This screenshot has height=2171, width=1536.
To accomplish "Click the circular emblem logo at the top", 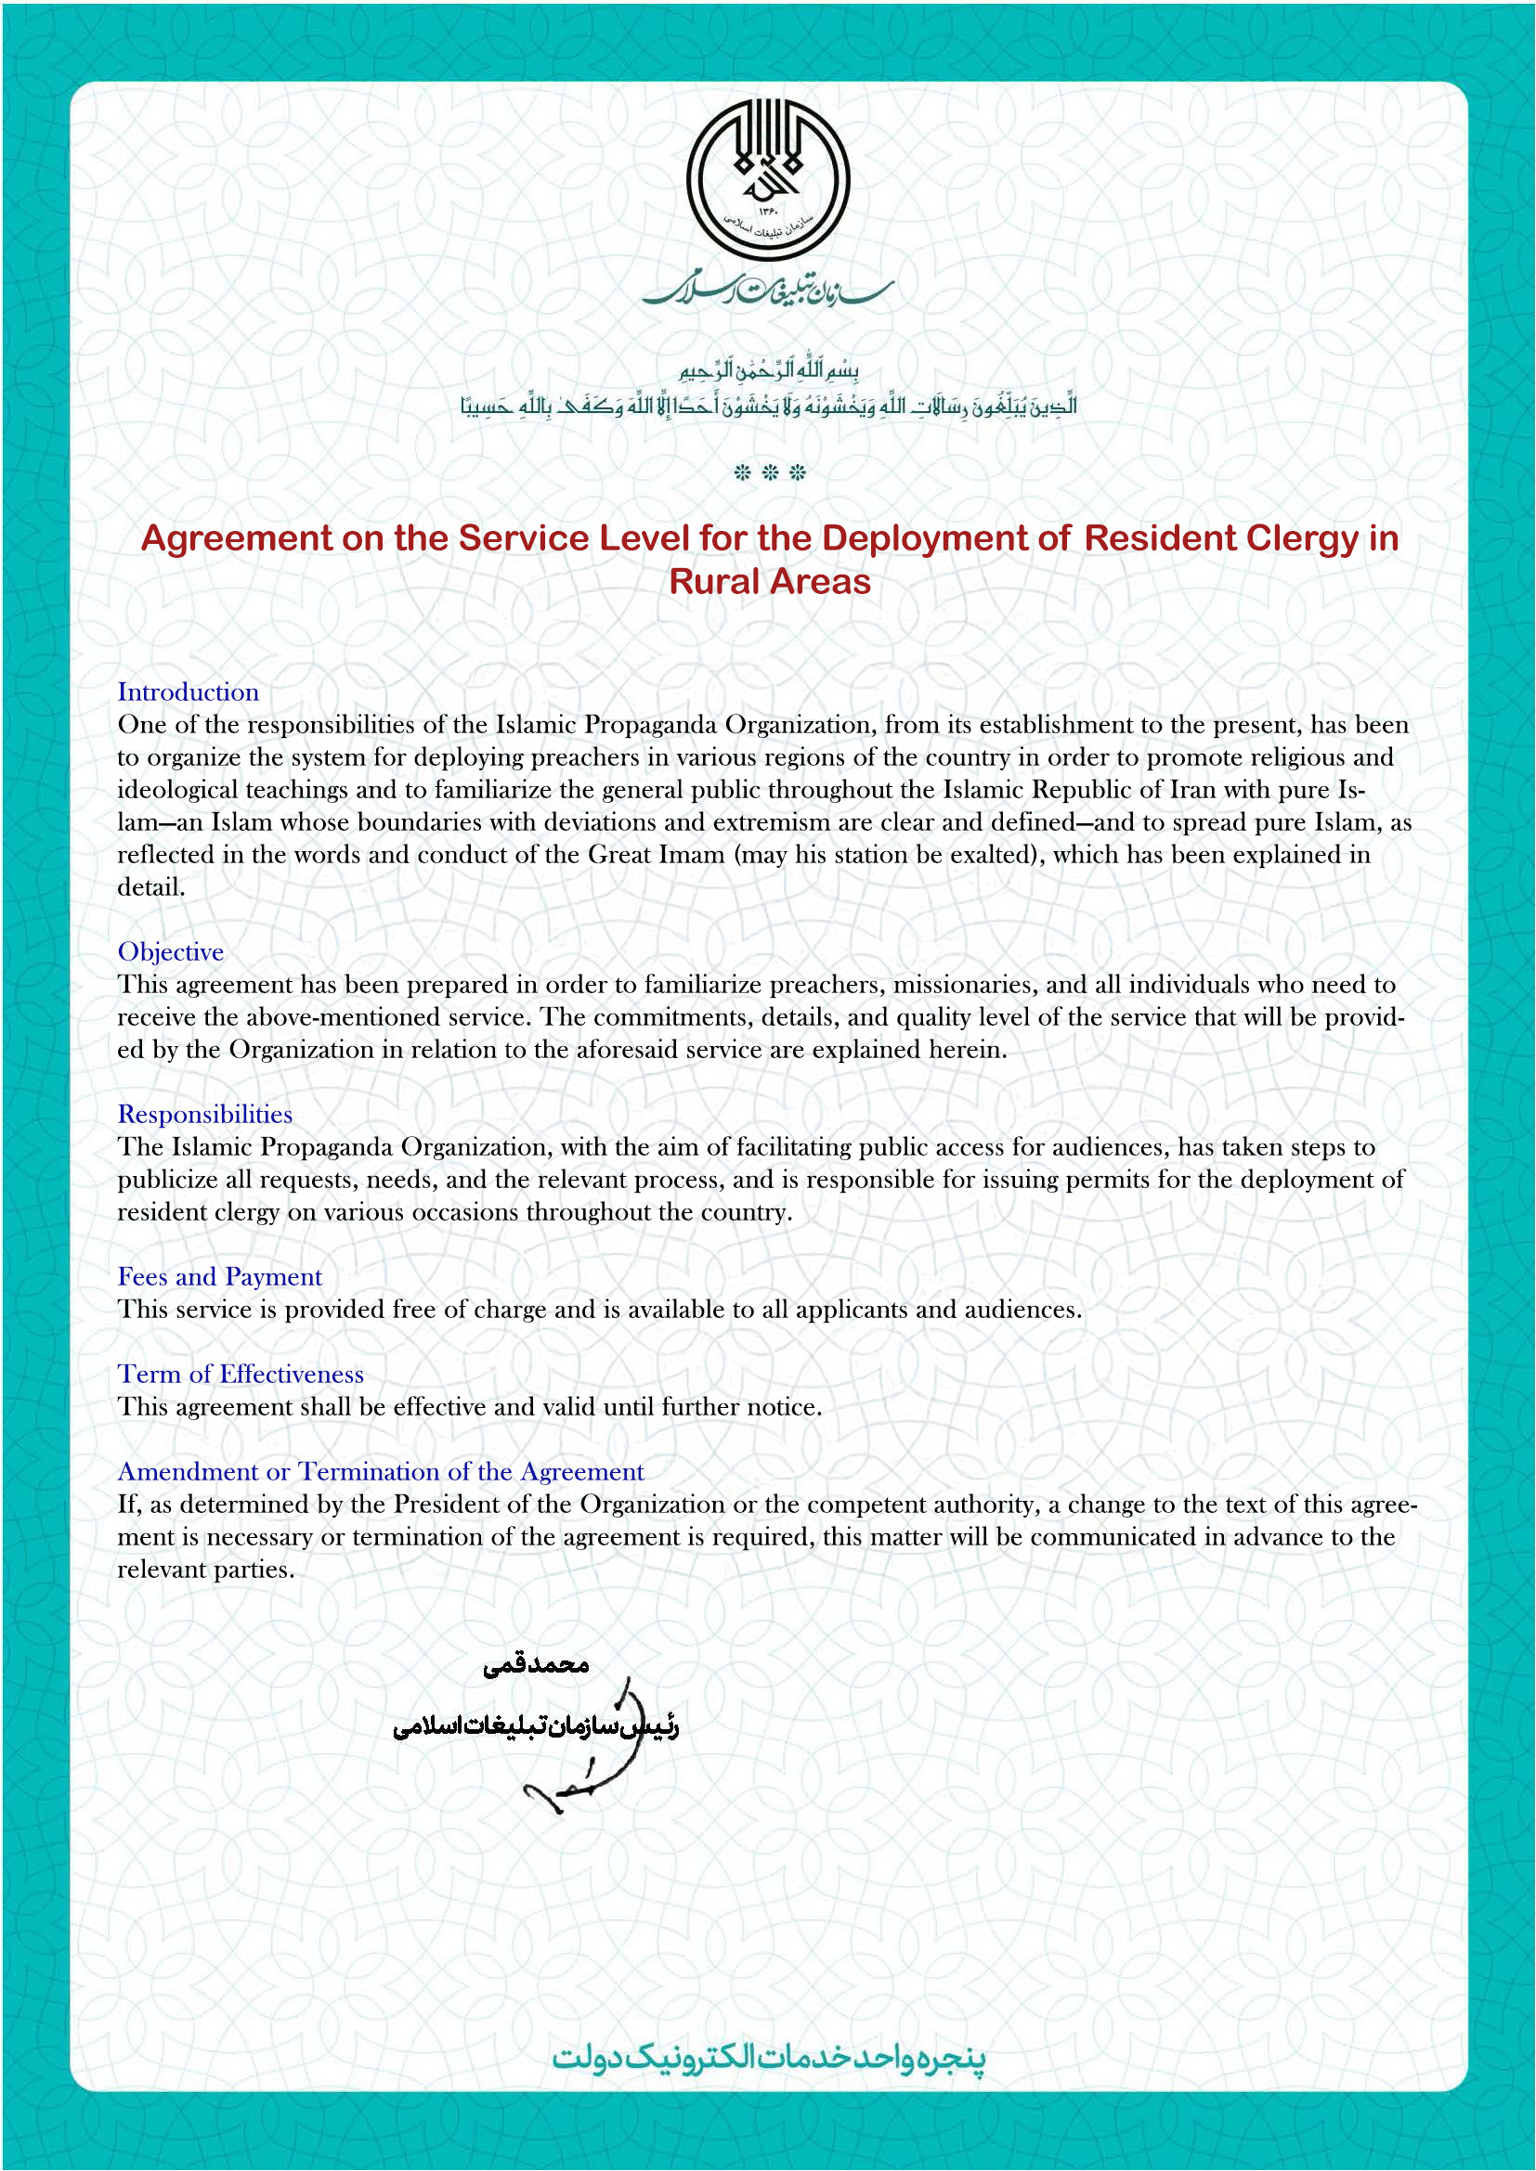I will (768, 181).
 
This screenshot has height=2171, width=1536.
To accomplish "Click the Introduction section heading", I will (189, 691).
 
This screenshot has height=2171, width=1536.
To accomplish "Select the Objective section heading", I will (171, 951).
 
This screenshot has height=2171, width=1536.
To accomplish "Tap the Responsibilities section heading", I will (205, 1114).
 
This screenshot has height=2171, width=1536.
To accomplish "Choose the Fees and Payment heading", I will (219, 1276).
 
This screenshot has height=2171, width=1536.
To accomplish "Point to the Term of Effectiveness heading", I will (241, 1374).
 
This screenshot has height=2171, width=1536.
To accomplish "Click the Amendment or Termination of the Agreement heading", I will (380, 1471).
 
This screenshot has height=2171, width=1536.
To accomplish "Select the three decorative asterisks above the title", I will (770, 472).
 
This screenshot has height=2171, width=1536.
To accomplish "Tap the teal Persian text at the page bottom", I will (769, 2058).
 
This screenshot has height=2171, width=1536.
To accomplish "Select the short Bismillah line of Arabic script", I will (769, 368).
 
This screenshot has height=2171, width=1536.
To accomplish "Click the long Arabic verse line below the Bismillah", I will (769, 407).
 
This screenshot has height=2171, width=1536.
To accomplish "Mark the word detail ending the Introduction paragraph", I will (150, 887).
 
